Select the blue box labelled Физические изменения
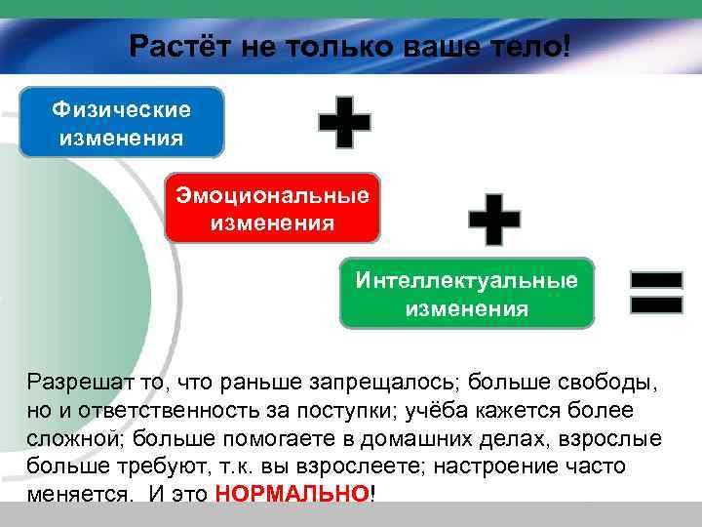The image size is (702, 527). pyautogui.click(x=122, y=122)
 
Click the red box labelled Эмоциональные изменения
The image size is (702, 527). pyautogui.click(x=272, y=209)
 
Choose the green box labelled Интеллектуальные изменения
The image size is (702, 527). pyautogui.click(x=466, y=294)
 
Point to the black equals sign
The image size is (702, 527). pyautogui.click(x=655, y=292)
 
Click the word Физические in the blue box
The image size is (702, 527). pyautogui.click(x=122, y=109)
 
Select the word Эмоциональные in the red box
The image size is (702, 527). pyautogui.click(x=272, y=195)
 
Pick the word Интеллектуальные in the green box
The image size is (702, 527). pyautogui.click(x=466, y=281)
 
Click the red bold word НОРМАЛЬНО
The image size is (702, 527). pyautogui.click(x=292, y=493)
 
